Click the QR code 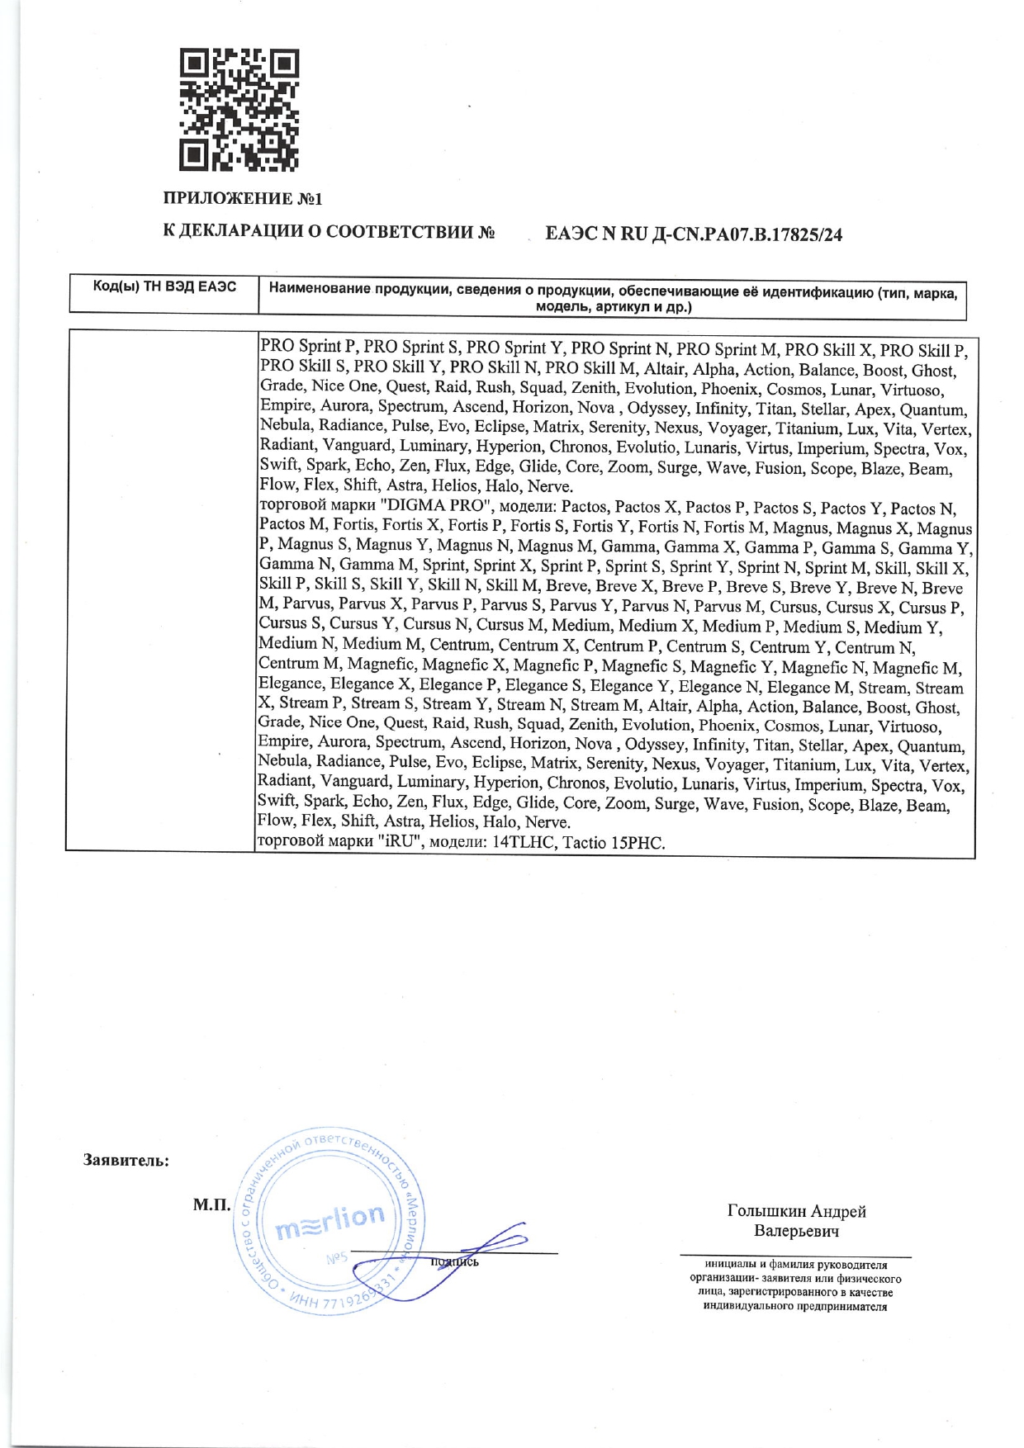[x=239, y=111]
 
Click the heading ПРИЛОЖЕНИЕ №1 [x=242, y=199]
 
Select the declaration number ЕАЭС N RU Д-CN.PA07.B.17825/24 [x=694, y=234]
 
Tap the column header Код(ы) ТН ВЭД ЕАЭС [x=164, y=286]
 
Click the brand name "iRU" [x=401, y=843]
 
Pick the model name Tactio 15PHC [x=614, y=843]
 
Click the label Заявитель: [x=126, y=1160]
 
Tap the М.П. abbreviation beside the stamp [x=212, y=1204]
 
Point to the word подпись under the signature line [x=455, y=1261]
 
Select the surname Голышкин [x=766, y=1211]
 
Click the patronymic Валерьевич [x=796, y=1231]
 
